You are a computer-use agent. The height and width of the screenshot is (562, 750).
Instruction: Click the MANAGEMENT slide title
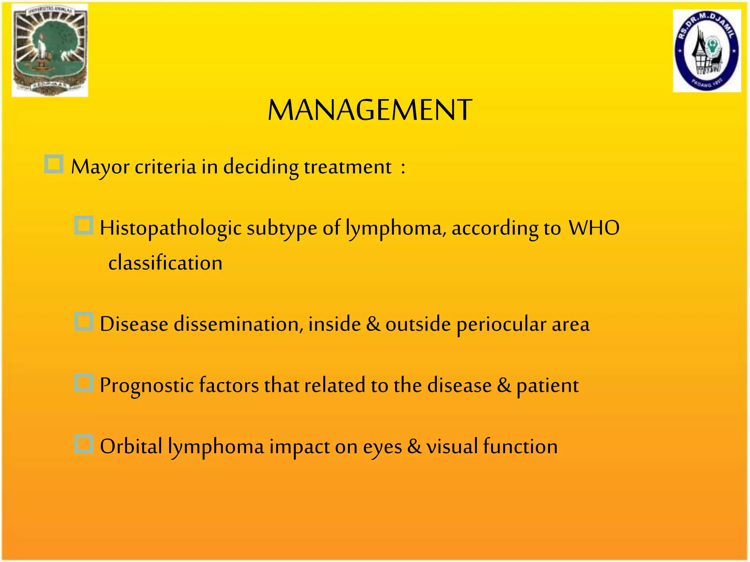coord(370,110)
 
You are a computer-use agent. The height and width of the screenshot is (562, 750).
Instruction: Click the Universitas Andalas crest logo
coord(50,50)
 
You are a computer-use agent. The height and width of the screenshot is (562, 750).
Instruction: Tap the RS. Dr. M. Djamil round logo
coord(707,51)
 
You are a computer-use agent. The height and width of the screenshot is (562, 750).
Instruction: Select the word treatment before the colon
coord(348,167)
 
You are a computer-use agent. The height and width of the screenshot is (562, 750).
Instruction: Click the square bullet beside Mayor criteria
coord(54,164)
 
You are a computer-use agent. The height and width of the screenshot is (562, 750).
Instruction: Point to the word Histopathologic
coord(170,228)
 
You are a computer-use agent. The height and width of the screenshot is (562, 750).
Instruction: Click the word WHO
coord(594,228)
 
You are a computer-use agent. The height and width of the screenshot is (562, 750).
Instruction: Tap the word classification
coord(165,263)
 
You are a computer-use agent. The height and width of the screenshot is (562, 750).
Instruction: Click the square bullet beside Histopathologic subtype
coord(84,225)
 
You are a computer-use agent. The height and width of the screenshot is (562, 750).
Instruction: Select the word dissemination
coord(238,324)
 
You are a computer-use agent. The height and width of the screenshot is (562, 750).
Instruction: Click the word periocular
coord(501,324)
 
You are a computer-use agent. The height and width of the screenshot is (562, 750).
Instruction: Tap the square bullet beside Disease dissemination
coord(84,322)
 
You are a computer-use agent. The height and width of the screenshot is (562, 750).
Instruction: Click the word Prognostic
coord(146,386)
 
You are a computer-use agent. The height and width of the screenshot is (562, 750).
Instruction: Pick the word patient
coord(547,386)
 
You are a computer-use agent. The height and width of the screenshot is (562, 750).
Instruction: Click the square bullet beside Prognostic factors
coord(84,383)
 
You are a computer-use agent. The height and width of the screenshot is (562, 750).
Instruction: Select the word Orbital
coord(131,446)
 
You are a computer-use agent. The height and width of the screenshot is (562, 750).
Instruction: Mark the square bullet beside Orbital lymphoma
coord(84,444)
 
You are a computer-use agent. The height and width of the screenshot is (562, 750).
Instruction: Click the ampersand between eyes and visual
coord(414,446)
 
